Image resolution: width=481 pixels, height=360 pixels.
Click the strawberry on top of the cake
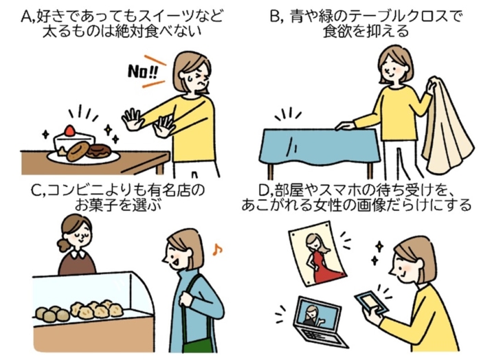69,131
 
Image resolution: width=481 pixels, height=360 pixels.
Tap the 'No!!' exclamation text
143,71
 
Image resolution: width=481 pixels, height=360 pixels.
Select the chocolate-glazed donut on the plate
98,150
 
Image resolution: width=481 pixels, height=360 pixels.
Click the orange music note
217,249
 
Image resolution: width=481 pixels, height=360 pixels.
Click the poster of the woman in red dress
317,254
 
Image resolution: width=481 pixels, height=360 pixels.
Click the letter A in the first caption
27,17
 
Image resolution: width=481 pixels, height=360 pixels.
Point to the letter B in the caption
275,16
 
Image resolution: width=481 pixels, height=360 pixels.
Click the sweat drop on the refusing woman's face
190,77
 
